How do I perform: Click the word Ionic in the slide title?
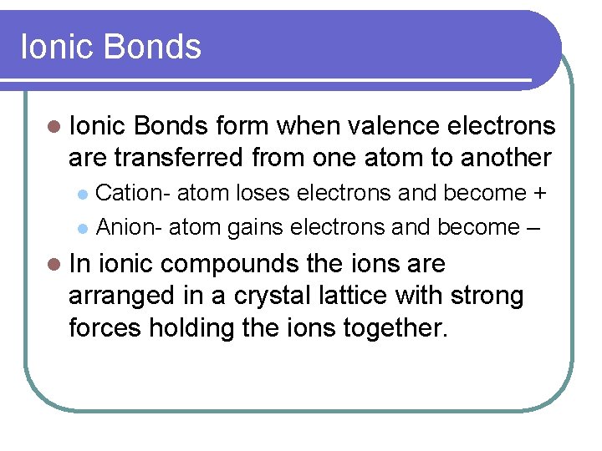(54, 47)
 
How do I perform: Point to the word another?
(500, 157)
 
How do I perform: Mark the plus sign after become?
(540, 193)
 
